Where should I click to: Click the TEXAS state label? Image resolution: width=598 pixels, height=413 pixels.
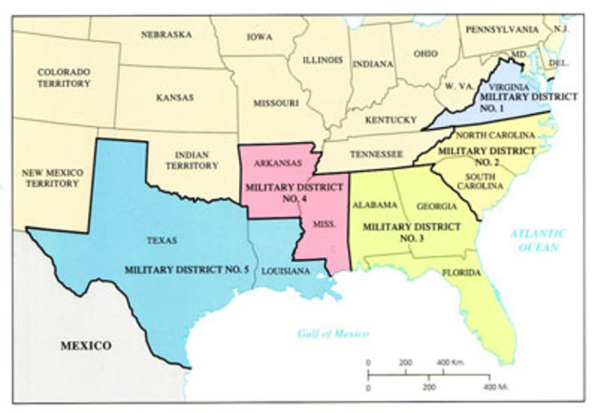pos(164,239)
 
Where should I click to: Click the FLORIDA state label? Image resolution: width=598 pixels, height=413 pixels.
pos(462,273)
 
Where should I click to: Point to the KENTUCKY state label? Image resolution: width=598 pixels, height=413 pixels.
pos(391,120)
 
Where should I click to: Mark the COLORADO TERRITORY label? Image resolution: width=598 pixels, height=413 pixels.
pos(64,78)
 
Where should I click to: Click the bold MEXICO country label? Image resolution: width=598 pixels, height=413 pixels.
pos(86,346)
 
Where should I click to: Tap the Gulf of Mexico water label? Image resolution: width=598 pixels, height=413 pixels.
pos(334,334)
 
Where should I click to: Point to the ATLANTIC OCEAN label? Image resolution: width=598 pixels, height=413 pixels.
pos(539,240)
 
